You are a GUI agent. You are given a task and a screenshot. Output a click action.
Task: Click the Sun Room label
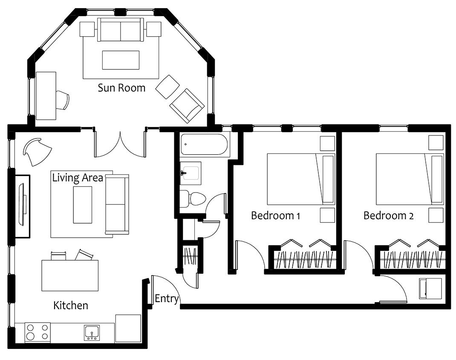121,87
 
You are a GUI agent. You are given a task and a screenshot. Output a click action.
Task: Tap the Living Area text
78,177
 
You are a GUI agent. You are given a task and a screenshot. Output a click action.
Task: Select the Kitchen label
71,305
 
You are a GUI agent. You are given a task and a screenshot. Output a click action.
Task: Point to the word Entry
167,299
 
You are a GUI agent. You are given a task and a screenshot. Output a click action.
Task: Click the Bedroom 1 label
275,216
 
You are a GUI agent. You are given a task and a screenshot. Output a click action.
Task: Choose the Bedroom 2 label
389,216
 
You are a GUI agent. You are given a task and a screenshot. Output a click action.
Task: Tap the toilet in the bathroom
193,199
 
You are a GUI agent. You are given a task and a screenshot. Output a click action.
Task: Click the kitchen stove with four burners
37,332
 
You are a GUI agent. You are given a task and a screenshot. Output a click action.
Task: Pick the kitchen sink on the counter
92,333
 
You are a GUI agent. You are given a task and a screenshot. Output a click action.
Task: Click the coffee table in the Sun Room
121,60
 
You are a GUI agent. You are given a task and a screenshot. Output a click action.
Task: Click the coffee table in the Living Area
83,205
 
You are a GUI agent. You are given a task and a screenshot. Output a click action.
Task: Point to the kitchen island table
70,275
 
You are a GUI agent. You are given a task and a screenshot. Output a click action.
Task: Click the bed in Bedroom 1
301,179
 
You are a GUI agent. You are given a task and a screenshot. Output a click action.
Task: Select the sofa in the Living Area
117,204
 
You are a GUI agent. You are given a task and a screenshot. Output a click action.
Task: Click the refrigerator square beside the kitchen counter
128,328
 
